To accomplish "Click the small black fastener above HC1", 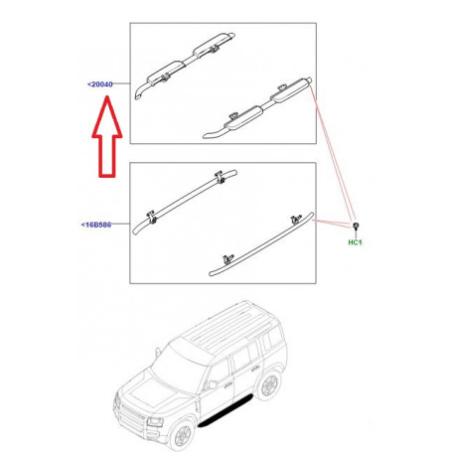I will coord(355,229).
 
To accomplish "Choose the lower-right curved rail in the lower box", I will coord(263,243).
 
